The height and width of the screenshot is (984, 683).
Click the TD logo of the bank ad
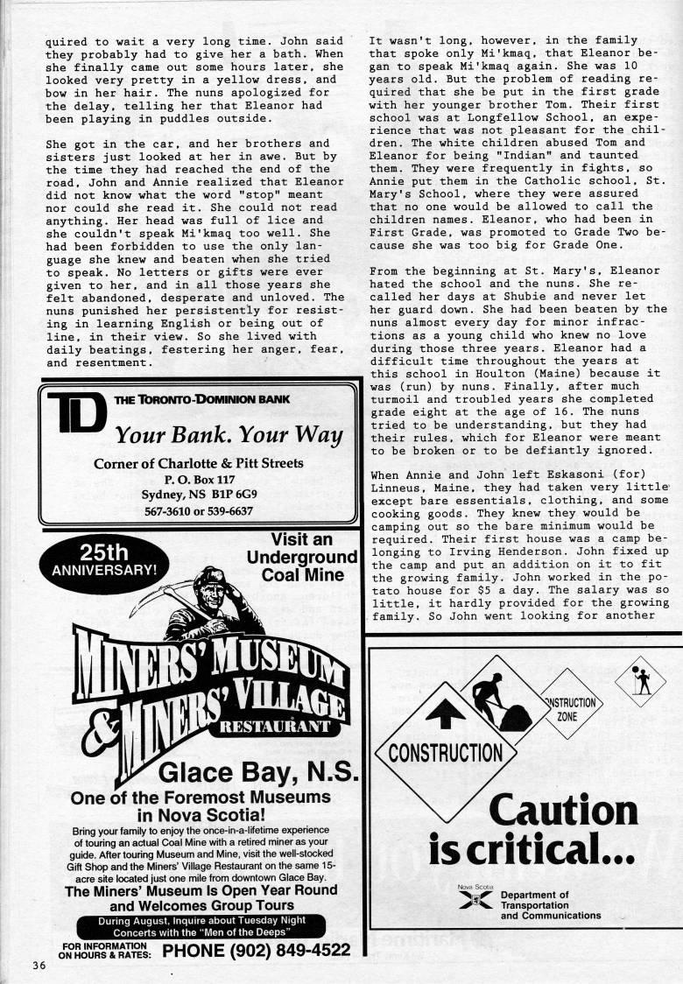coord(76,414)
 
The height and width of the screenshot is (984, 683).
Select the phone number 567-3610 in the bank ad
coord(165,510)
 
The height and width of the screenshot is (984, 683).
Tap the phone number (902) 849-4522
coord(257,950)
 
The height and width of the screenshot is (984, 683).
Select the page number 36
coord(38,966)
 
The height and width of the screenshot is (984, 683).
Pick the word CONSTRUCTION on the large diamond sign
coord(446,753)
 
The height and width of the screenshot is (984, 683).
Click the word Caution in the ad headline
coord(562,811)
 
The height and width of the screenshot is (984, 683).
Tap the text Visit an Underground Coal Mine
coord(302,558)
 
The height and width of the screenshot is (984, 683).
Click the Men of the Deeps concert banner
coord(201,926)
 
